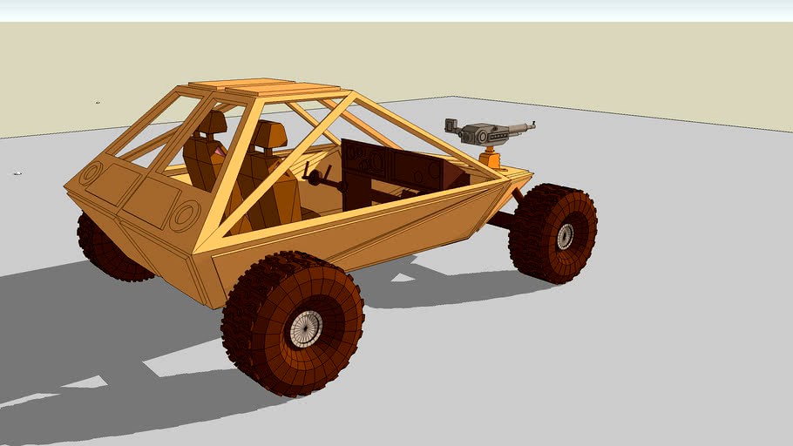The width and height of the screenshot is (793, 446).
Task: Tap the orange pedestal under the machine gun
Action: click(492, 159)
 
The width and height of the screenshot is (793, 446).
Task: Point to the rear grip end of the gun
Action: click(451, 125)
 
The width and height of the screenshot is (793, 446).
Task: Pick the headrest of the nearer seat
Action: click(270, 136)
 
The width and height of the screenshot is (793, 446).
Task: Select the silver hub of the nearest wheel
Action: click(305, 328)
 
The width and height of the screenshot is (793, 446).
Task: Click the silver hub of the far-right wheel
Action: click(566, 236)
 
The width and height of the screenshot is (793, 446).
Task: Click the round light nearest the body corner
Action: click(185, 214)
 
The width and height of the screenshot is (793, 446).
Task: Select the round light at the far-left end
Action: click(90, 173)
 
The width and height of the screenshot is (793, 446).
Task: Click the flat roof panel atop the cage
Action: click(261, 87)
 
